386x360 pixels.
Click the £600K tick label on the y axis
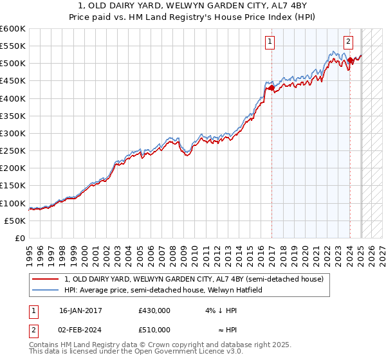(x=13, y=29)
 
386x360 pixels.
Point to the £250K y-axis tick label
(x=13, y=150)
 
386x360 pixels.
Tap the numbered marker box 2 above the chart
(x=348, y=42)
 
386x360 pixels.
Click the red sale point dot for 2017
(x=272, y=87)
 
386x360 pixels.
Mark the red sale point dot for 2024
(x=350, y=60)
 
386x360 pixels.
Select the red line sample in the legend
(x=45, y=279)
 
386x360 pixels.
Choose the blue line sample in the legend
(x=45, y=290)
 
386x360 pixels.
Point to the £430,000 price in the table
(x=154, y=310)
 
